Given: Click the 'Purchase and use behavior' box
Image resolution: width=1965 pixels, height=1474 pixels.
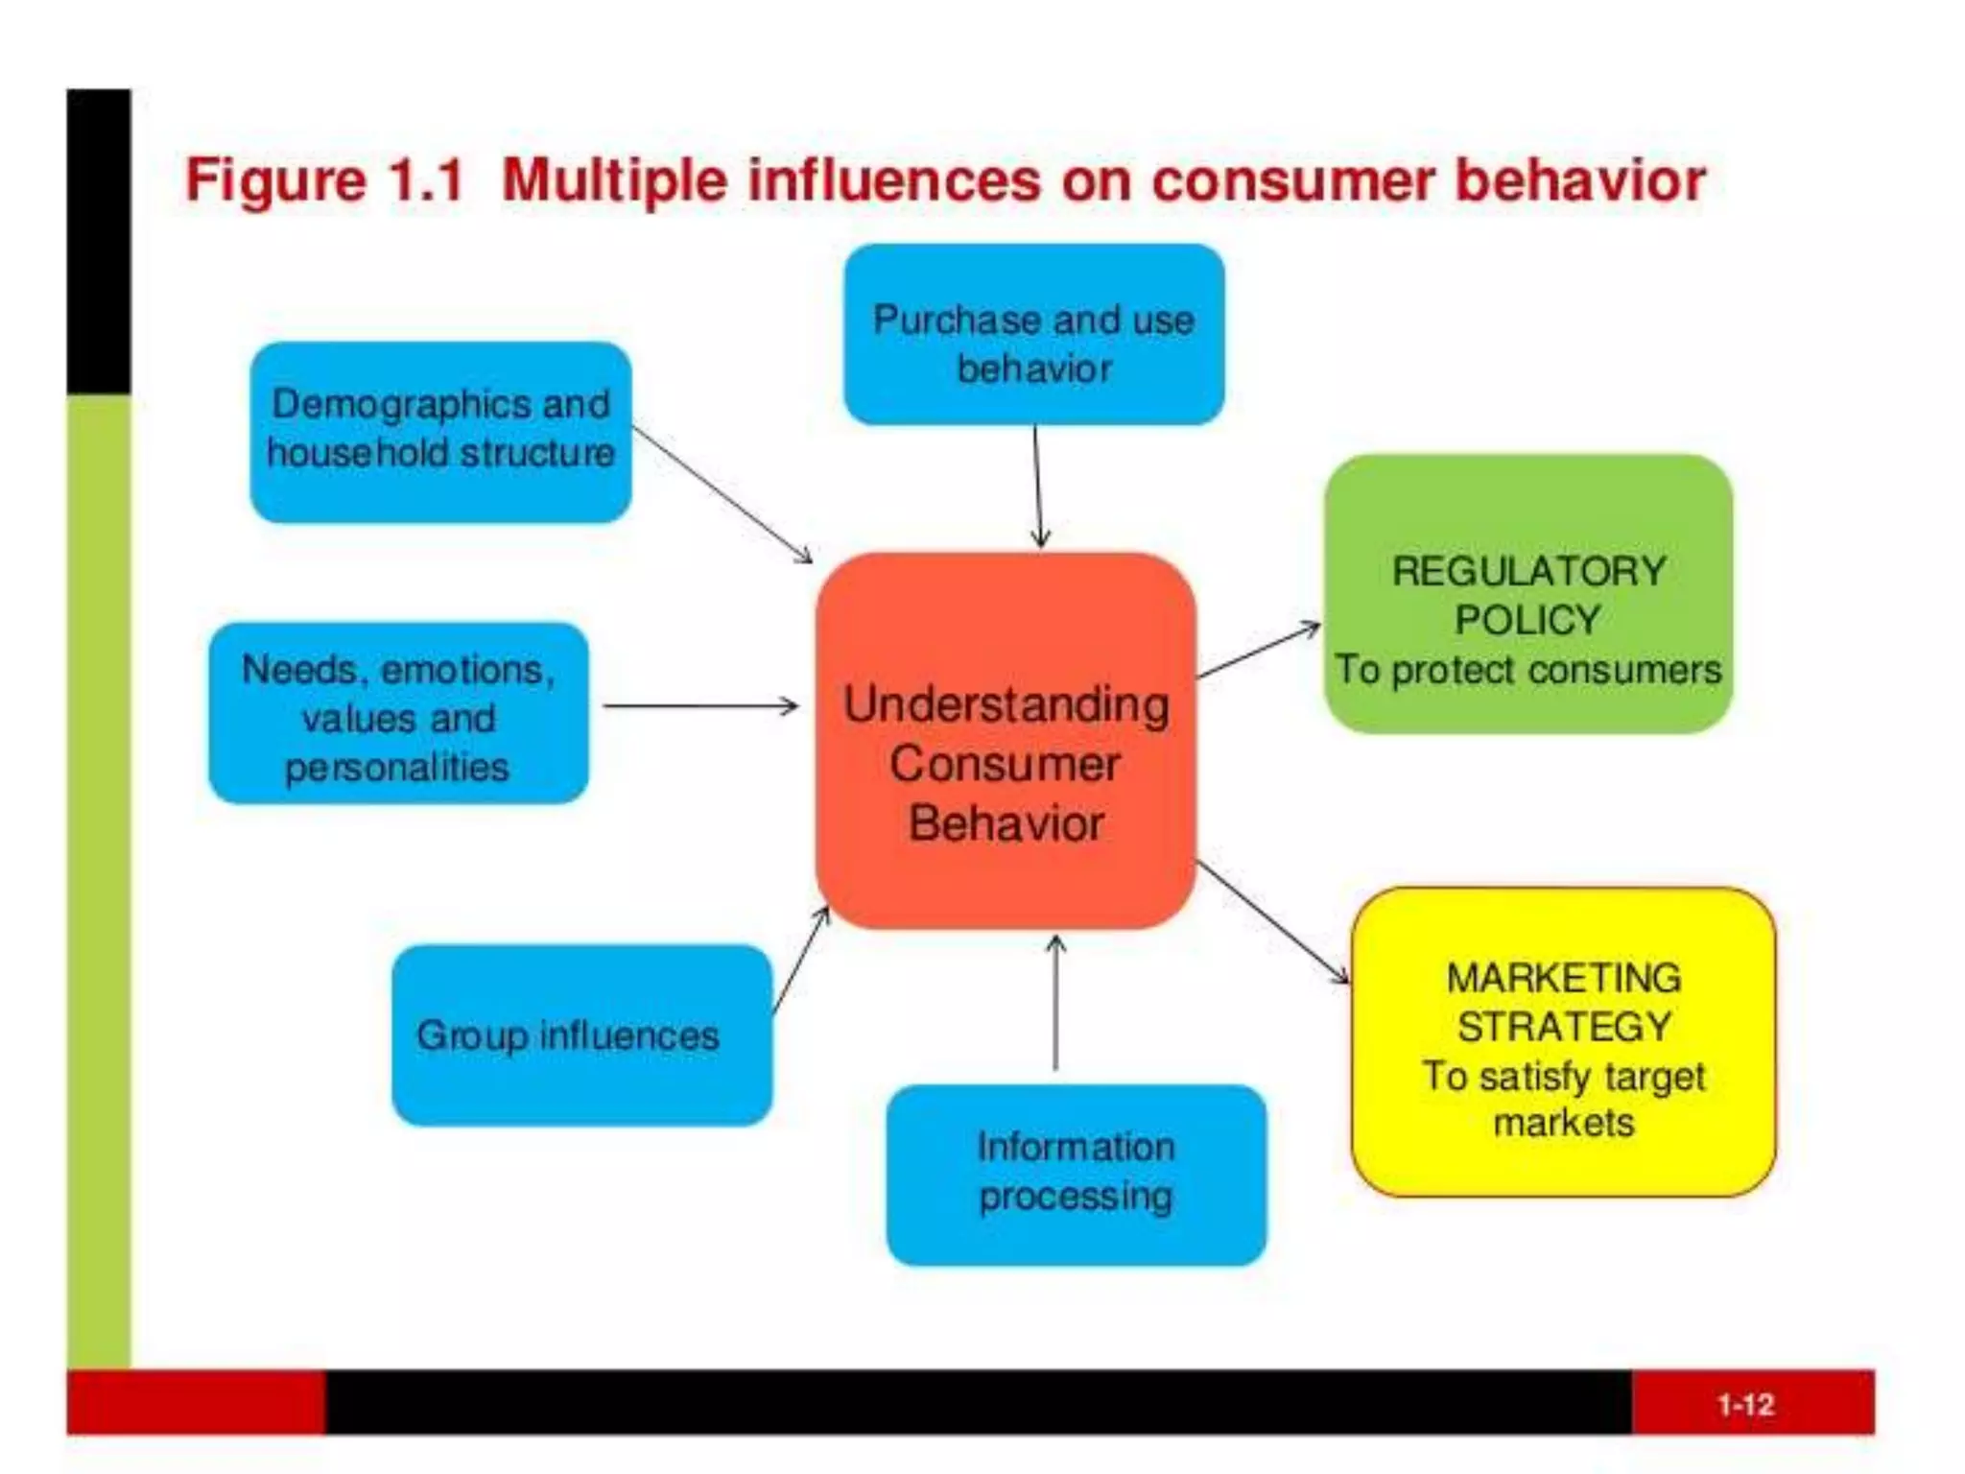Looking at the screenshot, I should click(x=1033, y=334).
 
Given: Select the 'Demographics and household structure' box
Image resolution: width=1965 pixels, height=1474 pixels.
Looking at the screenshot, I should click(x=440, y=432).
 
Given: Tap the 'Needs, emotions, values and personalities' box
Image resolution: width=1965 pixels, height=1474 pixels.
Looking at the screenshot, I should click(x=398, y=713).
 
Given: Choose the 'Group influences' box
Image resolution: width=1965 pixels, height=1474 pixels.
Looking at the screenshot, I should click(x=581, y=1035).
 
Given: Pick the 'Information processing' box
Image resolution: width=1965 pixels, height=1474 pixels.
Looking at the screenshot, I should click(x=1076, y=1175).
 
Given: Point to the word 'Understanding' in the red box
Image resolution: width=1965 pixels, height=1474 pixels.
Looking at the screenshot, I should click(x=1006, y=704).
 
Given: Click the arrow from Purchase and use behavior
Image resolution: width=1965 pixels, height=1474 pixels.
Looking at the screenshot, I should click(x=1038, y=487).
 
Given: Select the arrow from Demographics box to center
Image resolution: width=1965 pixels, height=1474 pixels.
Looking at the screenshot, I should click(x=722, y=494).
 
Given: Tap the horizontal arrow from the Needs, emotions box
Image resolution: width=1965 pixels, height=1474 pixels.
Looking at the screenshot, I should click(x=700, y=706).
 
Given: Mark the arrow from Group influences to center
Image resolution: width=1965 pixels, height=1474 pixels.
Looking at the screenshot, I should click(x=801, y=959).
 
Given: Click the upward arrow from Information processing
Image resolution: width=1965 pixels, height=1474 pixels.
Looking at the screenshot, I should click(x=1055, y=1003).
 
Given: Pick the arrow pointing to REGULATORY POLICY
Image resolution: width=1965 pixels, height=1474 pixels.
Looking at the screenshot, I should click(x=1259, y=650).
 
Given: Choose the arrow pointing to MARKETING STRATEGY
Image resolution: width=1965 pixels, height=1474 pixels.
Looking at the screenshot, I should click(x=1272, y=922).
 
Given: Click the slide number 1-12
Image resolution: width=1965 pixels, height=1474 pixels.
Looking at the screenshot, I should click(x=1745, y=1405).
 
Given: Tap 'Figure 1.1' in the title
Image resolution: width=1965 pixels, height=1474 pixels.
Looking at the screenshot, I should click(x=324, y=180).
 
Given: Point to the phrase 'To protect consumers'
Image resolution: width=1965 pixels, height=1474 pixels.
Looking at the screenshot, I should click(x=1527, y=670).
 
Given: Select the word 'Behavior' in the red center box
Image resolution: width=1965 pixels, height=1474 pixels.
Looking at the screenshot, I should click(x=1006, y=823).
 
